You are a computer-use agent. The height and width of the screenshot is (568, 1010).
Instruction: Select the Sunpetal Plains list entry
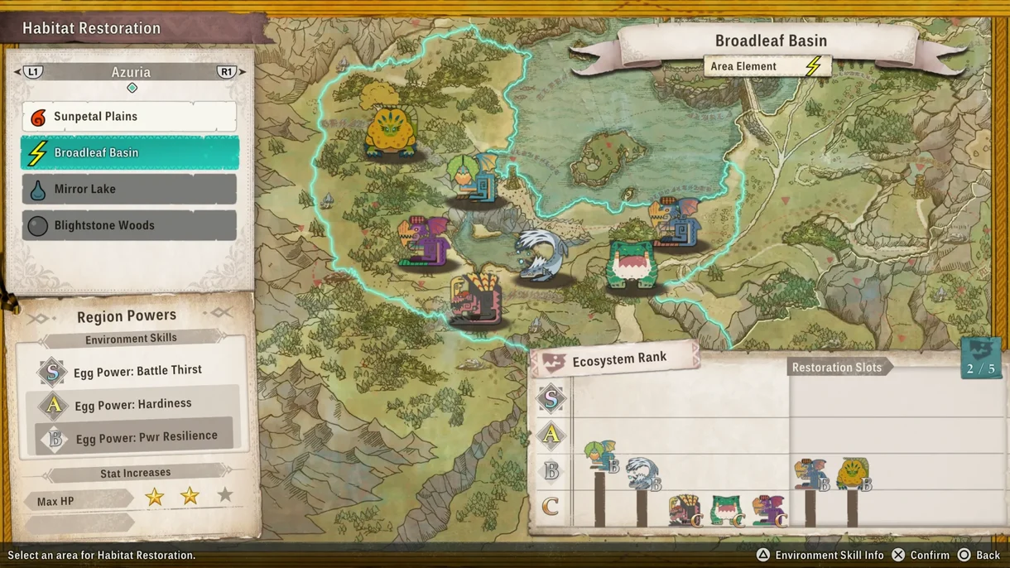129,117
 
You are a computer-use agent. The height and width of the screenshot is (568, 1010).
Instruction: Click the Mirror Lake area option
129,190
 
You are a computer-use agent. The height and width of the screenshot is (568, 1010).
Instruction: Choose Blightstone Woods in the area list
129,225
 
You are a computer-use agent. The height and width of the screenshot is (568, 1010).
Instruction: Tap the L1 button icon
33,72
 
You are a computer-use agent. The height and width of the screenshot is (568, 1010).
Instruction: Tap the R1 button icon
227,72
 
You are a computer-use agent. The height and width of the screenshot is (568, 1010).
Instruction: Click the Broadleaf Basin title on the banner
771,41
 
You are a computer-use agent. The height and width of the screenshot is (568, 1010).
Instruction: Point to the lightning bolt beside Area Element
814,66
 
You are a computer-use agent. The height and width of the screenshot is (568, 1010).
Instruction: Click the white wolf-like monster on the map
541,256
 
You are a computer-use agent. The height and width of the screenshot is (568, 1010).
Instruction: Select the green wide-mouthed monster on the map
633,264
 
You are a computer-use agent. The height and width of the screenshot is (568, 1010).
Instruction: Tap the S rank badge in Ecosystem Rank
551,399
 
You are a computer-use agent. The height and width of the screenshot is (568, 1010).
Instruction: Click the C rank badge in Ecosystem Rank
551,506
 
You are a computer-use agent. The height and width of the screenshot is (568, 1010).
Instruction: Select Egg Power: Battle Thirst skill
137,371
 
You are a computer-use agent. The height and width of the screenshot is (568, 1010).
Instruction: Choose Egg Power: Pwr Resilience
146,437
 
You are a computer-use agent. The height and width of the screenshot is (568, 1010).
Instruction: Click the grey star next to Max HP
225,495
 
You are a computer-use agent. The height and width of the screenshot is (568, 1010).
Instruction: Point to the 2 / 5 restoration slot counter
980,368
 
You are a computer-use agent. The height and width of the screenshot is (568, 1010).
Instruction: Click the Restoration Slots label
837,368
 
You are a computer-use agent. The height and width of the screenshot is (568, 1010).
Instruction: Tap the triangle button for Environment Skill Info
762,555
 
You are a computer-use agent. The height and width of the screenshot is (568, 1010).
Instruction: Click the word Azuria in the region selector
131,72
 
